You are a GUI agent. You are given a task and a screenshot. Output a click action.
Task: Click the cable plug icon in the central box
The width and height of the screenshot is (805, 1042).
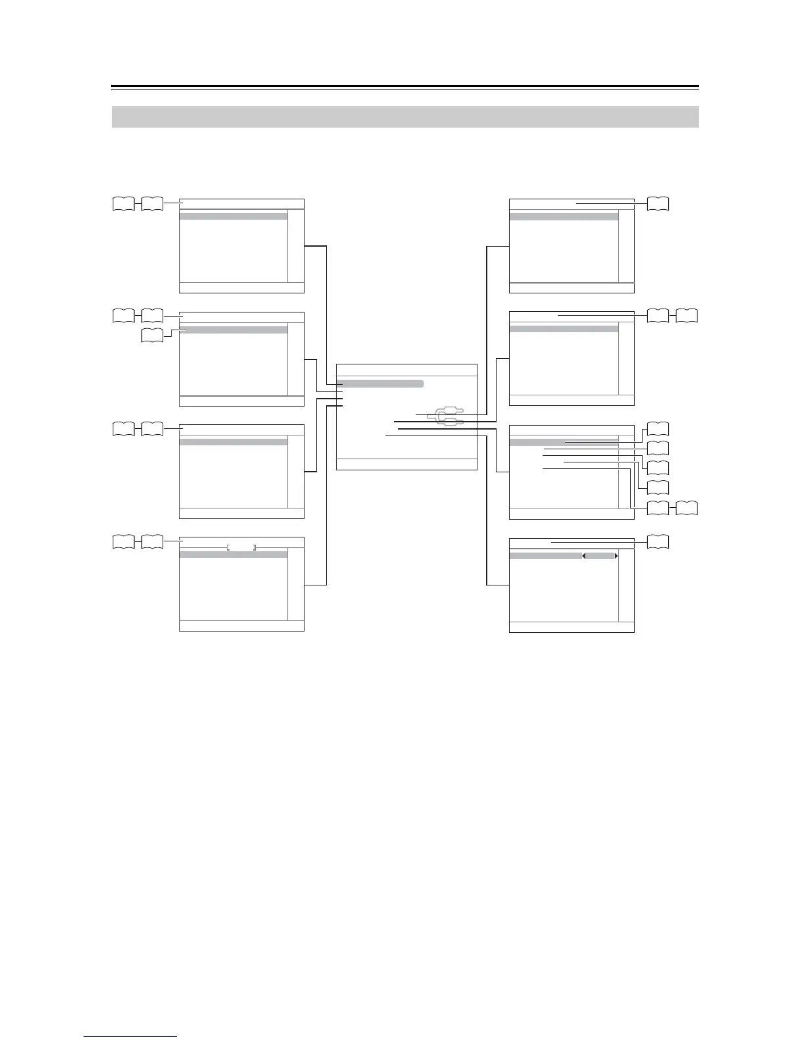coord(445,416)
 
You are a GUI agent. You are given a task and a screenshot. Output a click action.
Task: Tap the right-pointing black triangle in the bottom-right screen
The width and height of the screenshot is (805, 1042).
coord(616,556)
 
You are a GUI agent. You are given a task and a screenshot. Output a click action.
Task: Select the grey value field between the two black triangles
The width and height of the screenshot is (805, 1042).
coord(600,556)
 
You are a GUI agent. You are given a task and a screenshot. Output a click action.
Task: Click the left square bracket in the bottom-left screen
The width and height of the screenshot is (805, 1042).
coord(228,547)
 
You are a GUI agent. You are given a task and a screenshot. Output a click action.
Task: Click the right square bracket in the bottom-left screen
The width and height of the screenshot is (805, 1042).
coord(255,547)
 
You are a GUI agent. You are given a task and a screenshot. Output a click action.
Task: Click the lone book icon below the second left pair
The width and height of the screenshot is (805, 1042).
coord(153,337)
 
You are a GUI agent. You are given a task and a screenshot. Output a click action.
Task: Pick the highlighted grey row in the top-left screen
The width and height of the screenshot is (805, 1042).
coord(233,216)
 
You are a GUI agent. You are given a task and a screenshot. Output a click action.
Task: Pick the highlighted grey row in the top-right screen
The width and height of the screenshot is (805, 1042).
coord(564,216)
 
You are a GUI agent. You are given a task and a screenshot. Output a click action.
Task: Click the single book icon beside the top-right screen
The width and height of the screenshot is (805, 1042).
coord(658,204)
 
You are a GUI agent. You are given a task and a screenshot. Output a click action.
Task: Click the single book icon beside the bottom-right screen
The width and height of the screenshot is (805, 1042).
coord(658,543)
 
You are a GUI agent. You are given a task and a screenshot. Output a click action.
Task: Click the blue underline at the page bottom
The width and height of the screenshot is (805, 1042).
coord(131,1037)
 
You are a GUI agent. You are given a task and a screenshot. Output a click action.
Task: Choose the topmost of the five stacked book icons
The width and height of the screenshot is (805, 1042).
coord(658,429)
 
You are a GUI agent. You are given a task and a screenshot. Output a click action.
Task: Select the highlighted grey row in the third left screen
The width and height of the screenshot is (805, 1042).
coord(233,442)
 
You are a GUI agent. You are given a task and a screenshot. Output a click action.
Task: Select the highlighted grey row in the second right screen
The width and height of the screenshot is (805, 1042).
coord(564,328)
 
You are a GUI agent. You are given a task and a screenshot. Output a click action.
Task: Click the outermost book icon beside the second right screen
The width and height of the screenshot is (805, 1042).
coord(687,316)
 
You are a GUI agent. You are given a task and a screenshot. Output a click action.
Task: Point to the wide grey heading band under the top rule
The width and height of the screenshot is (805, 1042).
coord(405,116)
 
